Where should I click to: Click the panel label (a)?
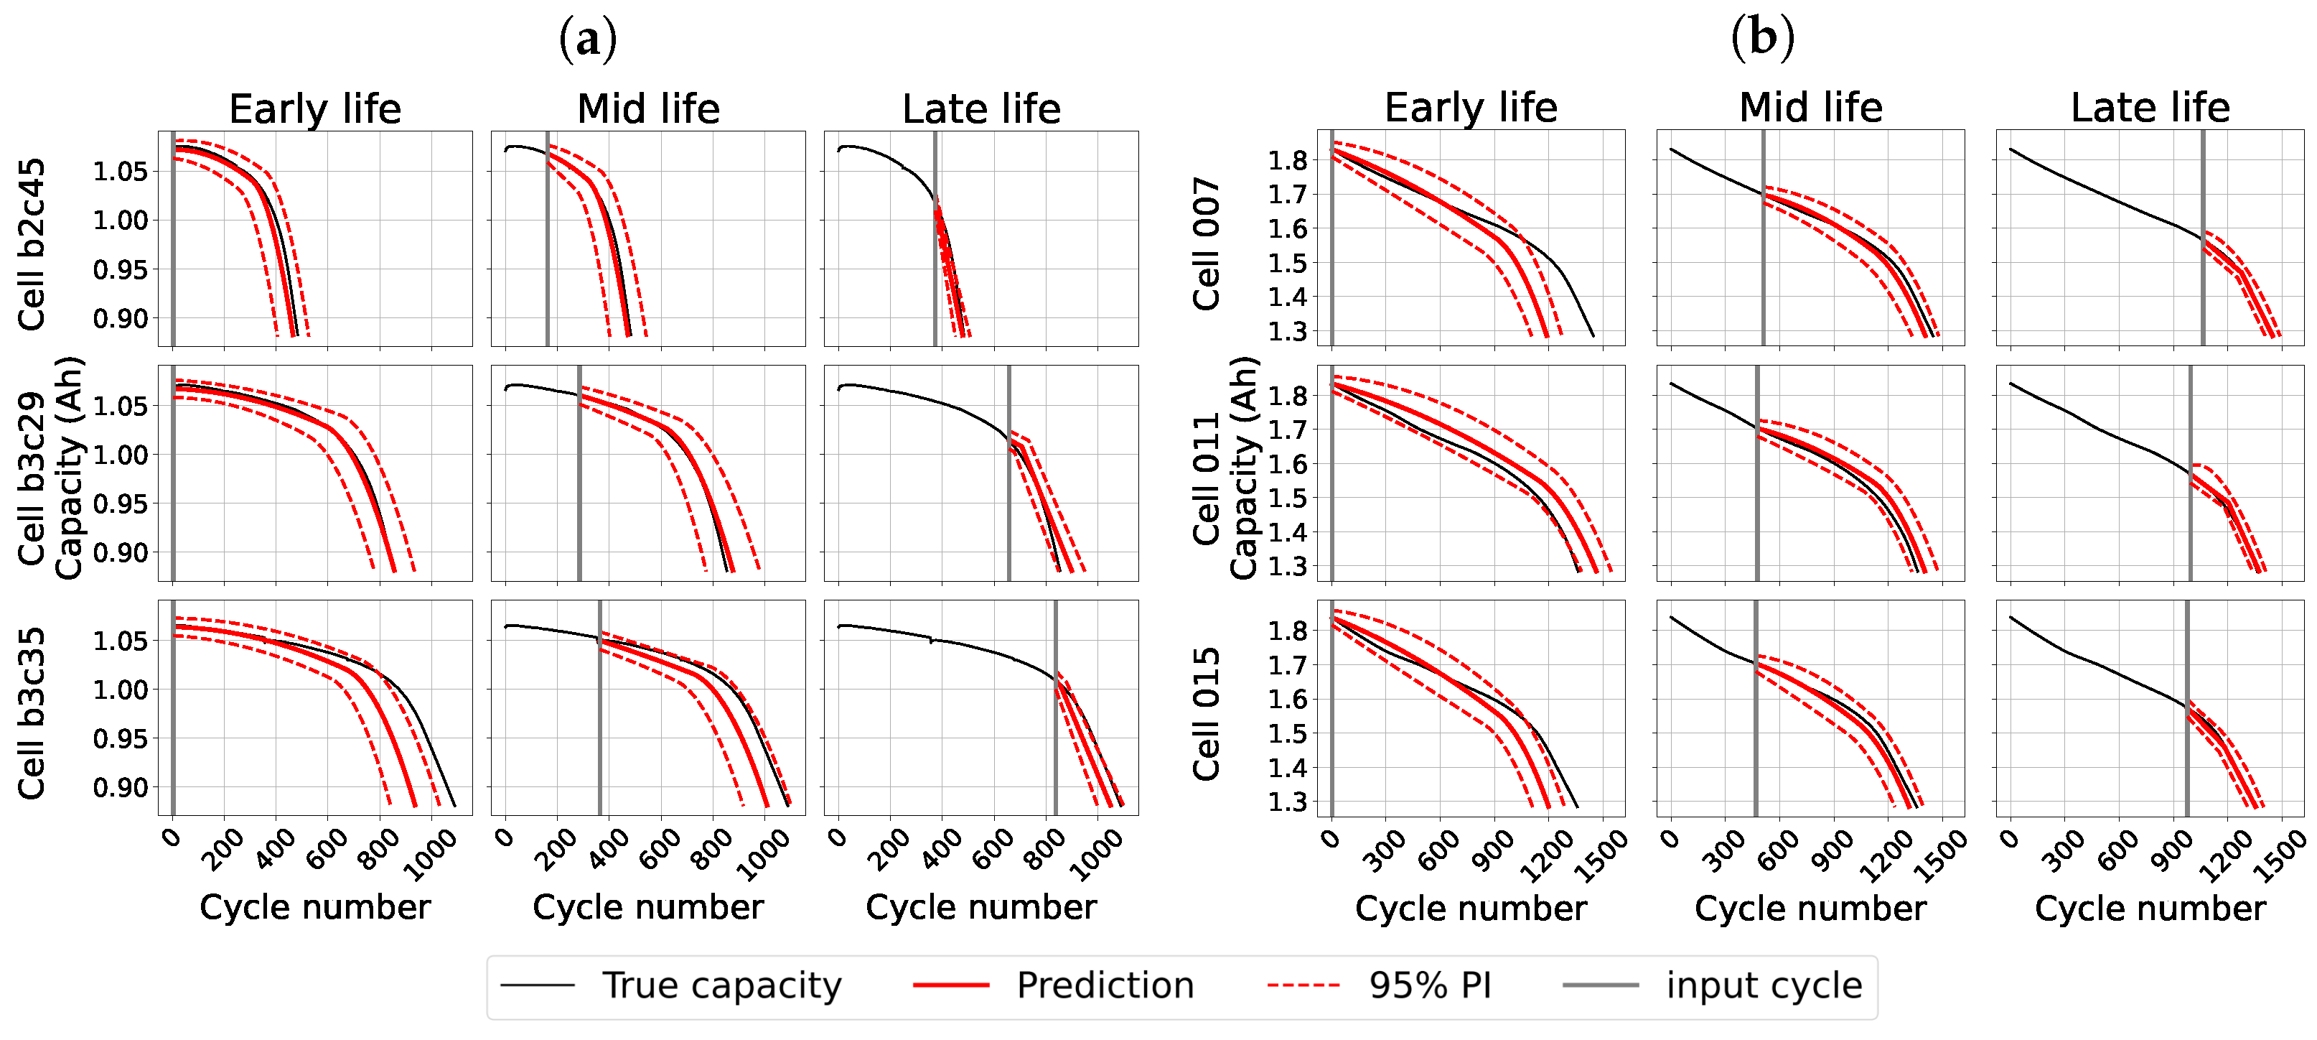pyautogui.click(x=589, y=40)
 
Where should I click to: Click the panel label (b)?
pyautogui.click(x=1762, y=38)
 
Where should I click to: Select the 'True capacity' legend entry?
pyautogui.click(x=671, y=985)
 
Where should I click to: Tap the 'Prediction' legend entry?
pyautogui.click(x=1053, y=985)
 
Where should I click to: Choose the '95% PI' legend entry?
pyautogui.click(x=1379, y=985)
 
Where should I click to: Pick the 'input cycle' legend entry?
pyautogui.click(x=1713, y=985)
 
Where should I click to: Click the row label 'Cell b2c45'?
pyautogui.click(x=32, y=245)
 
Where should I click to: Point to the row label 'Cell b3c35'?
pyautogui.click(x=32, y=713)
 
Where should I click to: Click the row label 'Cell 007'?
pyautogui.click(x=1206, y=243)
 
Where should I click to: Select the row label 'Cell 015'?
pyautogui.click(x=1206, y=713)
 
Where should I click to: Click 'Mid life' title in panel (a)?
pyautogui.click(x=648, y=109)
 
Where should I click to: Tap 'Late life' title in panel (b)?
pyautogui.click(x=2150, y=108)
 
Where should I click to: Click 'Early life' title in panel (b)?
pyautogui.click(x=1471, y=108)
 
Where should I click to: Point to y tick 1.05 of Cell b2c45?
pyautogui.click(x=120, y=171)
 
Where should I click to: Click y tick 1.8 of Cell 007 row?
pyautogui.click(x=1288, y=160)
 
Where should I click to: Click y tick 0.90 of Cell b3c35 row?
pyautogui.click(x=120, y=787)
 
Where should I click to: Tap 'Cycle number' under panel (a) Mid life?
pyautogui.click(x=648, y=907)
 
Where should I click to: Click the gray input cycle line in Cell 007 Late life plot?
pyautogui.click(x=2203, y=238)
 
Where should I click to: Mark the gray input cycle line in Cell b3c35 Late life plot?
pyautogui.click(x=1055, y=707)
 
